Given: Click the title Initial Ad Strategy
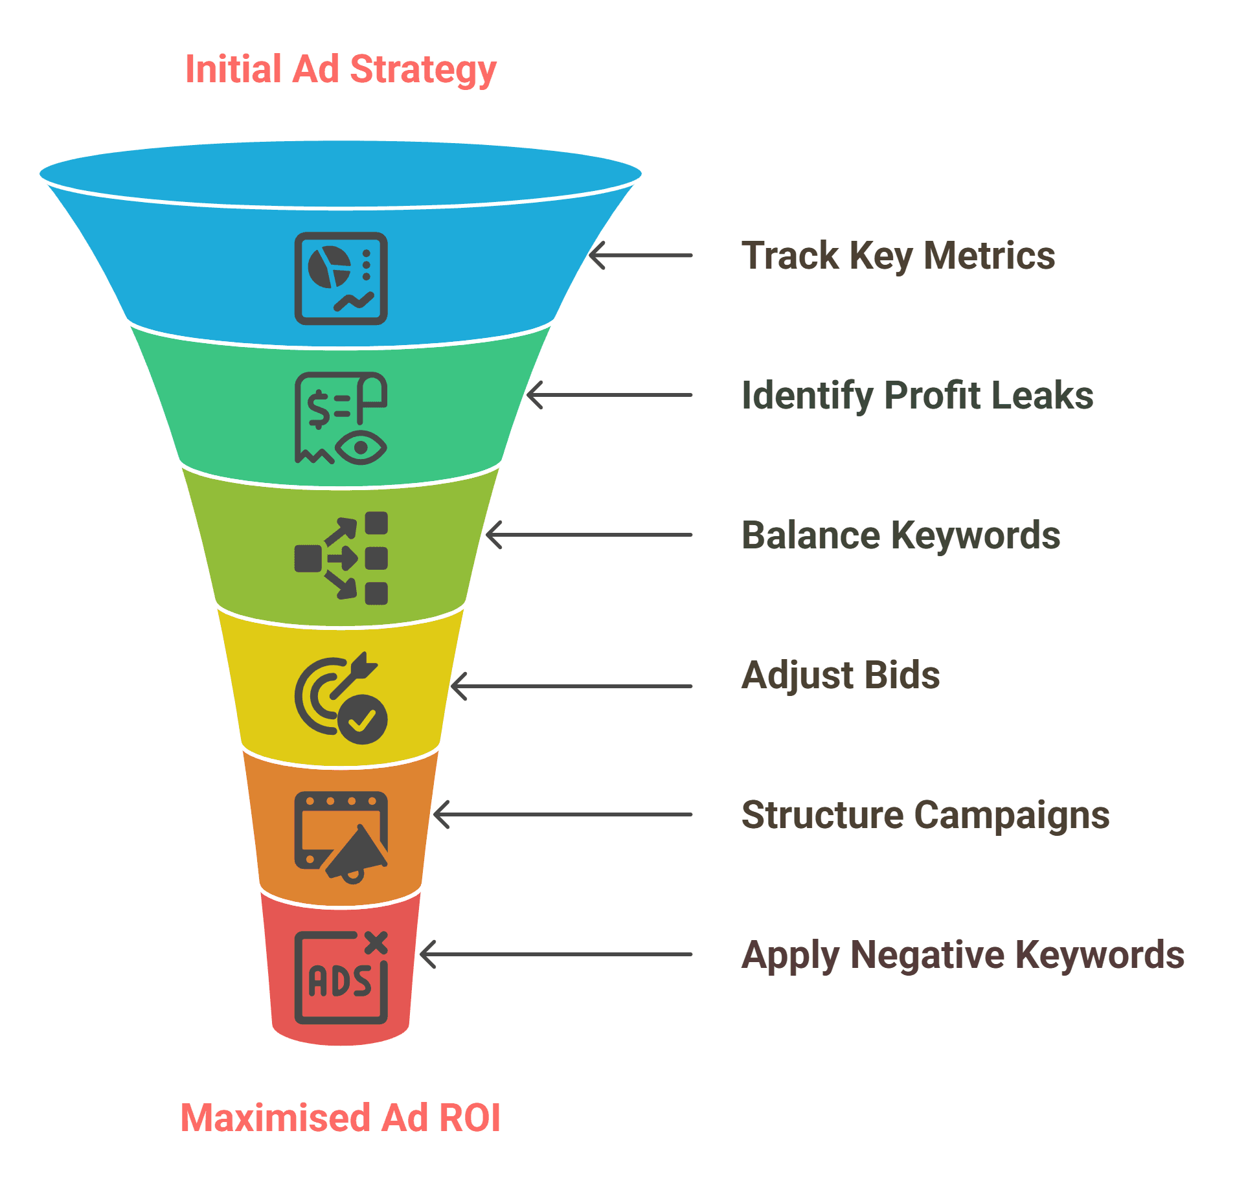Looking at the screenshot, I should [x=341, y=70].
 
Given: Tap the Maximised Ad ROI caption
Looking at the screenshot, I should [x=341, y=1118].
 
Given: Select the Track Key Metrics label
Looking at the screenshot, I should [x=898, y=256].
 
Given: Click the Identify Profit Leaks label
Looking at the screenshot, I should [x=917, y=396].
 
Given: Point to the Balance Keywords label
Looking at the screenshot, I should [x=900, y=535].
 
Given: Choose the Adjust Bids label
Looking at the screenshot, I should [x=840, y=675].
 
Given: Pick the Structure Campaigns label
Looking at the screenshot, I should [x=925, y=815].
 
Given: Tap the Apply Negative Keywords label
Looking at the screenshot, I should [x=962, y=955].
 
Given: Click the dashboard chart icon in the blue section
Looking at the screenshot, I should [x=341, y=278].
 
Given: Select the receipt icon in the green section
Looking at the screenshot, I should [x=341, y=418].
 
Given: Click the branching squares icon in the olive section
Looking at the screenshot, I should [x=341, y=558].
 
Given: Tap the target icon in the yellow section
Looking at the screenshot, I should [x=341, y=698].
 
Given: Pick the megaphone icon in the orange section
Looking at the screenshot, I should [x=341, y=837].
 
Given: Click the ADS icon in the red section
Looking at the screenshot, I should [x=341, y=978].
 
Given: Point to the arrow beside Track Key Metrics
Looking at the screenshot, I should [x=640, y=256].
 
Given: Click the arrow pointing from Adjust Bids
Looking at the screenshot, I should [x=571, y=686].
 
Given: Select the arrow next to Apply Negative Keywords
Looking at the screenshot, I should [x=556, y=954].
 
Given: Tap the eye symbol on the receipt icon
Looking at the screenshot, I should [x=361, y=447].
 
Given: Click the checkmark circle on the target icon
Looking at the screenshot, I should [x=363, y=719].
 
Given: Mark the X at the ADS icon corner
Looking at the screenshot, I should [x=376, y=943].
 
